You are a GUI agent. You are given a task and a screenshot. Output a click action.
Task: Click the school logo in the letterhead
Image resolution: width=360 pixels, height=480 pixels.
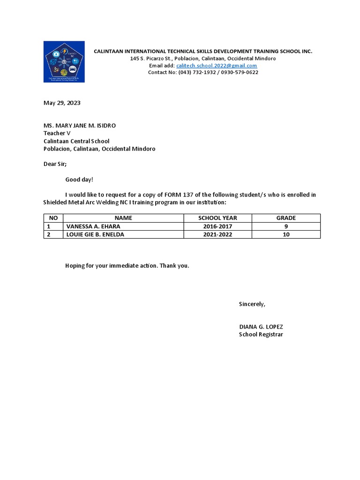[x=64, y=62]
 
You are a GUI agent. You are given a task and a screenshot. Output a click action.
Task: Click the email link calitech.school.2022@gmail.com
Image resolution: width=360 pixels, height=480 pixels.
[x=217, y=66]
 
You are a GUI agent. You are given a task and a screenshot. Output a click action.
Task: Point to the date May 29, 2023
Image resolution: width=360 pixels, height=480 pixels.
[x=62, y=103]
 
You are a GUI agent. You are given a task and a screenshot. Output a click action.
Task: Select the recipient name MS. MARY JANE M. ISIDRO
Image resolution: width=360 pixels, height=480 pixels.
[x=80, y=126]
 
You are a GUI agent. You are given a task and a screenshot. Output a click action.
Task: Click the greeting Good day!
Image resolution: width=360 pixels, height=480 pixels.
[x=79, y=180]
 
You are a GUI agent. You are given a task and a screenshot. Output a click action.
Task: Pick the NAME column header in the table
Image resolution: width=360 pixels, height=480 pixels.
[x=123, y=218]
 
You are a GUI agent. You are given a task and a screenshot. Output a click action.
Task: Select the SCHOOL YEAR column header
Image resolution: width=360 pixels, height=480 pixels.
[x=217, y=218]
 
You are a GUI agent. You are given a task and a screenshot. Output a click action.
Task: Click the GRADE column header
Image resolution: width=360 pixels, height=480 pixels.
[x=286, y=218]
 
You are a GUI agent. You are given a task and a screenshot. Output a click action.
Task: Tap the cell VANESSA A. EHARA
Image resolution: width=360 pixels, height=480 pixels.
[x=93, y=226]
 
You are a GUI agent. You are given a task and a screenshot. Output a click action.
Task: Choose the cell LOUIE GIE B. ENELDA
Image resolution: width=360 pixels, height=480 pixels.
[x=95, y=234]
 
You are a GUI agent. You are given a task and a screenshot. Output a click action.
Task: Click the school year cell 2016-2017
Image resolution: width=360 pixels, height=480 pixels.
[x=217, y=226]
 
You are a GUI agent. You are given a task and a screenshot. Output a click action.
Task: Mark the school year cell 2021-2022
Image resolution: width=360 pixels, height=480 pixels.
[x=217, y=234]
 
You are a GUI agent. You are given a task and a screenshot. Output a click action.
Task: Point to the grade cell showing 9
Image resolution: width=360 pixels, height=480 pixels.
[x=286, y=226]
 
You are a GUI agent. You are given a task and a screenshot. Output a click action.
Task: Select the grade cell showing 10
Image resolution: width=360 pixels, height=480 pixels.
[x=286, y=234]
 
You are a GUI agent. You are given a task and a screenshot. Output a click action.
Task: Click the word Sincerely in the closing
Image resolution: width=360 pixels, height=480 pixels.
[x=252, y=304]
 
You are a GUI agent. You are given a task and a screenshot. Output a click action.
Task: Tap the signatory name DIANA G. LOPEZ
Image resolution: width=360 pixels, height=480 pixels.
[x=261, y=327]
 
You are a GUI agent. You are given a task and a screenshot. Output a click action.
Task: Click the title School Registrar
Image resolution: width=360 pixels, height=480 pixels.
[x=261, y=335]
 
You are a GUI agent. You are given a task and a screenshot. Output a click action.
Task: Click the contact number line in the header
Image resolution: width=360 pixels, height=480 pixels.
[x=203, y=73]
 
